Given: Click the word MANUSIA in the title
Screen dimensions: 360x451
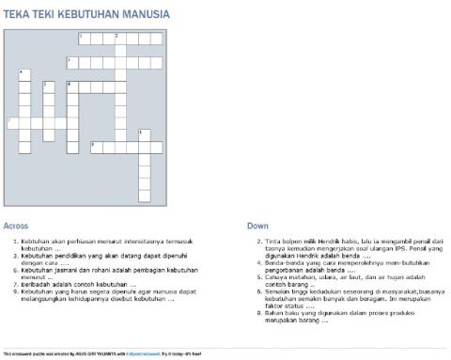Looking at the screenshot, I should (145, 14).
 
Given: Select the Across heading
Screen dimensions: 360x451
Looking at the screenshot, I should (16, 226).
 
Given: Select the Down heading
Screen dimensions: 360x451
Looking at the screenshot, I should (257, 226).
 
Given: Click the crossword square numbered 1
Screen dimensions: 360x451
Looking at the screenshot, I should (84, 39).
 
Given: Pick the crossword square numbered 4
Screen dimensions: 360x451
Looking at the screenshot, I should (24, 75).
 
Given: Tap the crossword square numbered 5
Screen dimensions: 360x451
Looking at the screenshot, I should (48, 86).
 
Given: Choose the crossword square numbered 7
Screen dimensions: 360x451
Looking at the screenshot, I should (12, 122).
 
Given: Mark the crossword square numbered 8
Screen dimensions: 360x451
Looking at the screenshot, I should (144, 134).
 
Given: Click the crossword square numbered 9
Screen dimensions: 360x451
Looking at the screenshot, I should (96, 147).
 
